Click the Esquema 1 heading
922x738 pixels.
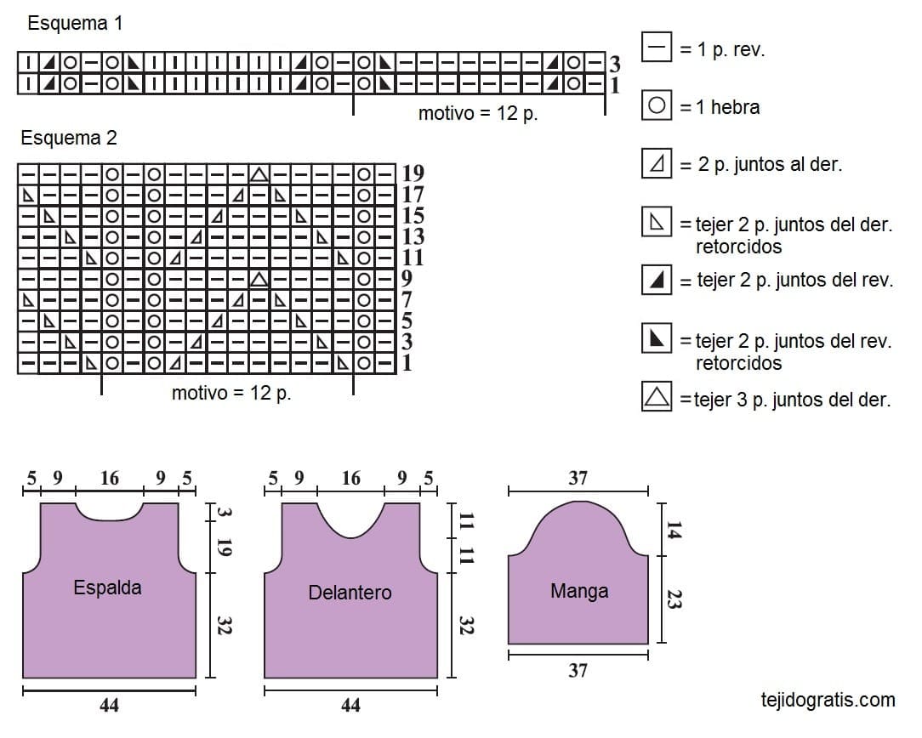[75, 23]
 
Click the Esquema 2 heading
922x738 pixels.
[69, 138]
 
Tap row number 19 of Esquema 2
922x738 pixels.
[413, 173]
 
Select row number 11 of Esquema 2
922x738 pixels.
[413, 258]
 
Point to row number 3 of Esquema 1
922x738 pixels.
[614, 64]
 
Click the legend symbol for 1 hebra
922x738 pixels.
[657, 105]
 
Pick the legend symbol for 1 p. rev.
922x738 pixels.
[657, 47]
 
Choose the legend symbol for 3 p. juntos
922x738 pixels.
[657, 396]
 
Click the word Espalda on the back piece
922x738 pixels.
[108, 588]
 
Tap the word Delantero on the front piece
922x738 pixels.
[350, 593]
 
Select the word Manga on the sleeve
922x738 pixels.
[579, 591]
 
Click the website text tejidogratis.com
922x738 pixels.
[828, 700]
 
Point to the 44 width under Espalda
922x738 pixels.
[110, 705]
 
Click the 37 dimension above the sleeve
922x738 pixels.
[578, 479]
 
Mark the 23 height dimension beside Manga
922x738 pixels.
[674, 600]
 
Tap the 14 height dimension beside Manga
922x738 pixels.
[674, 530]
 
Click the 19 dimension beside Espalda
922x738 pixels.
[225, 547]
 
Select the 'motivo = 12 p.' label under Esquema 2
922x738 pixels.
[231, 393]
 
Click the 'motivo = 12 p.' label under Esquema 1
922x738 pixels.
[478, 113]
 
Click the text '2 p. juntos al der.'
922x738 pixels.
[770, 165]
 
